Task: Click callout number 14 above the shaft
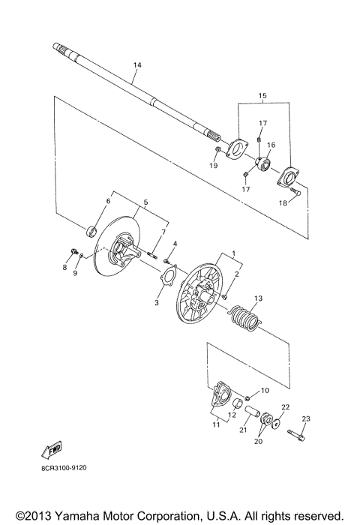pyautogui.click(x=136, y=66)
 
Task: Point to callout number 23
pyautogui.click(x=305, y=418)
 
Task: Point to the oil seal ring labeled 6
pyautogui.click(x=92, y=229)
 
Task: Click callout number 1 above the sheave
pyautogui.click(x=234, y=255)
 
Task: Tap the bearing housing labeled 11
pyautogui.click(x=219, y=395)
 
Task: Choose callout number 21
pyautogui.click(x=244, y=430)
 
